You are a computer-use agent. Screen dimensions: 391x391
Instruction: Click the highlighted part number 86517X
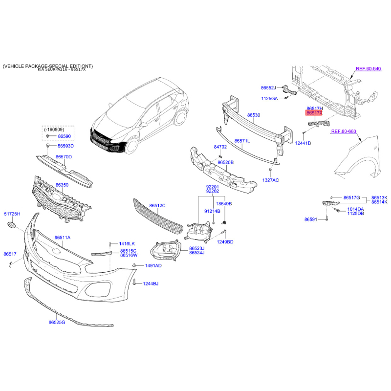[314, 113]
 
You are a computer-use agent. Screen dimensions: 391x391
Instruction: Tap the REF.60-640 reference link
[369, 68]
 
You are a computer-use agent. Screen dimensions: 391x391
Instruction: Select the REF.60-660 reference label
[344, 131]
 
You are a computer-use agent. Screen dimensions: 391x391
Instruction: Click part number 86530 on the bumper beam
[254, 115]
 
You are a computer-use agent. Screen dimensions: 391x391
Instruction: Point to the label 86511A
[63, 238]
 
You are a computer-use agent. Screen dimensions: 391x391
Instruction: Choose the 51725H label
[12, 214]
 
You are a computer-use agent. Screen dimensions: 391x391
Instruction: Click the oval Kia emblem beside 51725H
[11, 224]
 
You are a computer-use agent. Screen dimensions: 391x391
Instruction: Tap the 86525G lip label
[57, 322]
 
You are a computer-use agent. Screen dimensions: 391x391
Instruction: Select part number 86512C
[157, 205]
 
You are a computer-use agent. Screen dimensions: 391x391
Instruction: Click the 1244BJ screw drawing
[135, 282]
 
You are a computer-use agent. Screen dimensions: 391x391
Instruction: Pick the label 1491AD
[153, 265]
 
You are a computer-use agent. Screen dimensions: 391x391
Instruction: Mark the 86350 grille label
[62, 185]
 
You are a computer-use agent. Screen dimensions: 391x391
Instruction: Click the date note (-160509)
[54, 130]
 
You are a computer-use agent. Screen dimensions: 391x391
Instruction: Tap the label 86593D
[66, 146]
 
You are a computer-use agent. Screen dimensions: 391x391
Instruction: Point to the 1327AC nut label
[271, 180]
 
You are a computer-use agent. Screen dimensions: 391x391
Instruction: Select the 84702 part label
[220, 147]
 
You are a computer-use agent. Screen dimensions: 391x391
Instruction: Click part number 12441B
[303, 143]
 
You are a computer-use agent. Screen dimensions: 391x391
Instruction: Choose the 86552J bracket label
[268, 88]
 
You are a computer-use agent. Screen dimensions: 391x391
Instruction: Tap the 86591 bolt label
[311, 219]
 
